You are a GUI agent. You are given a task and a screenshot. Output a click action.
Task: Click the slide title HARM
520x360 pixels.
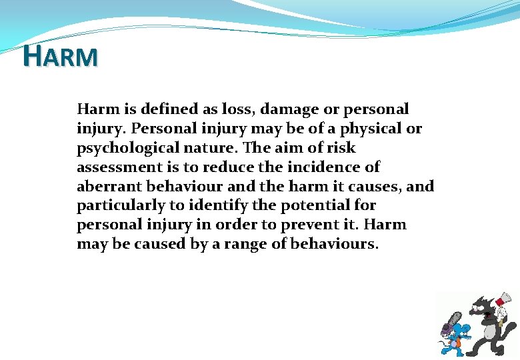coord(60,56)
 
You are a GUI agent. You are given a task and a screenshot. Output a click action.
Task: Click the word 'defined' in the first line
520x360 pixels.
coord(161,109)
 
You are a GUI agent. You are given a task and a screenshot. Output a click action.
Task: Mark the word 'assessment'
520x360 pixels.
coord(117,167)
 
